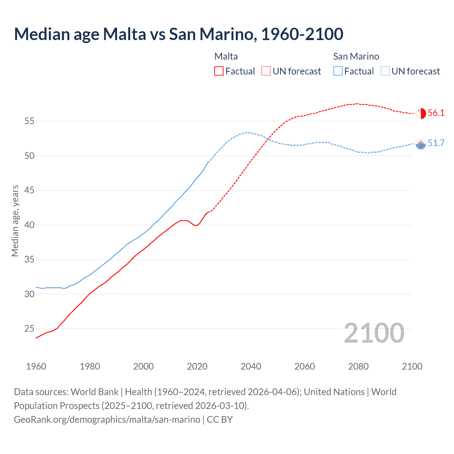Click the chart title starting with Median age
click(178, 34)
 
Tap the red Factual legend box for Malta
click(219, 71)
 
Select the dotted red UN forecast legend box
click(266, 71)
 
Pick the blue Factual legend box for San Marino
click(338, 71)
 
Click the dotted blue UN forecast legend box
click(385, 71)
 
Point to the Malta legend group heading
click(226, 56)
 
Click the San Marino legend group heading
click(356, 56)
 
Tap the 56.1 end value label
click(436, 113)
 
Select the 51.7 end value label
click(436, 143)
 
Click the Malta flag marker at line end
click(421, 113)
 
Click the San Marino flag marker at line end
click(421, 144)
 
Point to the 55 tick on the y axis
click(29, 121)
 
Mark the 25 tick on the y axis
click(29, 329)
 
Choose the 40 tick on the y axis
click(29, 225)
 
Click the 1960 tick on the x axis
click(36, 366)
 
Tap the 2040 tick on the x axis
click(251, 366)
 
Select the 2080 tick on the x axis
click(358, 366)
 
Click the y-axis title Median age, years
click(15, 221)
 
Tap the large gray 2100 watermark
click(374, 333)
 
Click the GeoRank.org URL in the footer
click(107, 420)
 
